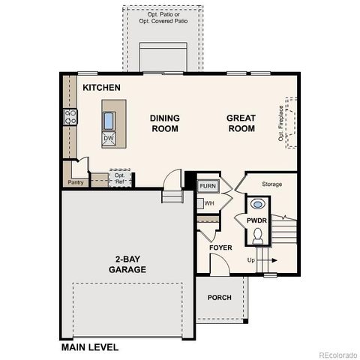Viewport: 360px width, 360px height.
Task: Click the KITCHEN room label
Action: (101, 88)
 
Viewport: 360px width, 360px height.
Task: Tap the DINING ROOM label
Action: (164, 123)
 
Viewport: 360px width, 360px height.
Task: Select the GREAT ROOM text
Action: (240, 123)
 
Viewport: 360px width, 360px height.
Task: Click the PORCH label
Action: (220, 298)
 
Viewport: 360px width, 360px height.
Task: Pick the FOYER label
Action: (220, 247)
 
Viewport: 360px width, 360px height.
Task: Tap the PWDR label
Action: (257, 220)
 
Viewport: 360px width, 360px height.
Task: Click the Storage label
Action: (271, 184)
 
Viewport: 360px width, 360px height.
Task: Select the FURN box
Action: (208, 185)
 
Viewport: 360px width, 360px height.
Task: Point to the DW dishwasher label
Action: (109, 138)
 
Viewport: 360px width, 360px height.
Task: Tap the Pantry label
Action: (76, 182)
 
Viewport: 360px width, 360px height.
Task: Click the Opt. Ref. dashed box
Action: (120, 178)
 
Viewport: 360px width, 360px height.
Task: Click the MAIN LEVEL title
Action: (90, 347)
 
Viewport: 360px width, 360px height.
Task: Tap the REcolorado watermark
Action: (337, 355)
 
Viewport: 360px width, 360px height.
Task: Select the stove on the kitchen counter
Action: (70, 116)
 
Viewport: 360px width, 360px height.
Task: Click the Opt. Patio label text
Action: (163, 16)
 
